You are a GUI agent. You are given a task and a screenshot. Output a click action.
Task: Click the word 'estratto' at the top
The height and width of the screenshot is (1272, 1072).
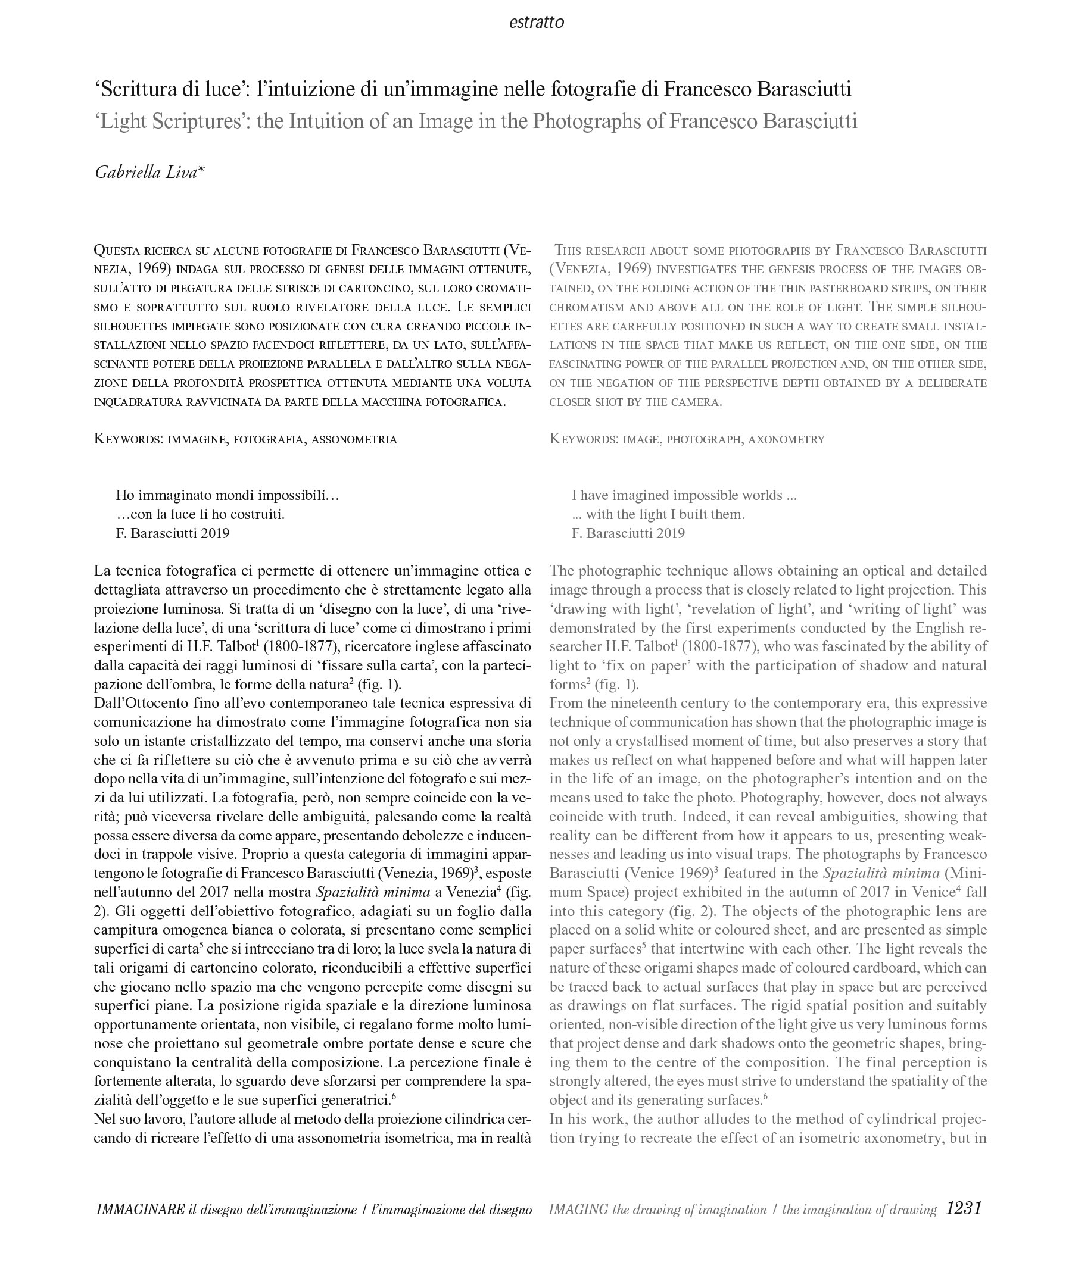536,23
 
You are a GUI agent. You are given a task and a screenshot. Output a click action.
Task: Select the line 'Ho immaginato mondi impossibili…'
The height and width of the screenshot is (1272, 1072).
228,495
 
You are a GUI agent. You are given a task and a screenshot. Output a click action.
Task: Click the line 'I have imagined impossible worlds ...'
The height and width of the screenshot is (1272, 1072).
684,495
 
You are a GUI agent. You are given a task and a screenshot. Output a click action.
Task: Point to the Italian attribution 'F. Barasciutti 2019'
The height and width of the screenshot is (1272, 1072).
173,533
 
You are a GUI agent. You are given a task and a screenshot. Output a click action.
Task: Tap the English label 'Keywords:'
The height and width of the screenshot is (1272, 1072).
584,439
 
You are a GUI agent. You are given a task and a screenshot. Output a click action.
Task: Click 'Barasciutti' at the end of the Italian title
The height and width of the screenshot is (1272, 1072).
803,89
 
